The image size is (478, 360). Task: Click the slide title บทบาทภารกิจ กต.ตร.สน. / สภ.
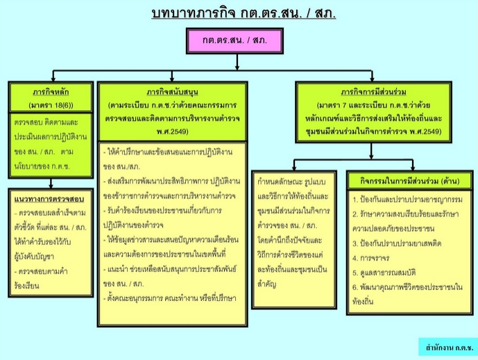click(242, 13)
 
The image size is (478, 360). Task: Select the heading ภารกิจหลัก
click(51, 92)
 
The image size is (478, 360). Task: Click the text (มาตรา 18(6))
click(51, 105)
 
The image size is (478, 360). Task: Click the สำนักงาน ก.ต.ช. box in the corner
click(448, 346)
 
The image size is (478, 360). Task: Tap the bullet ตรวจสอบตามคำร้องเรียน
click(44, 270)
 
